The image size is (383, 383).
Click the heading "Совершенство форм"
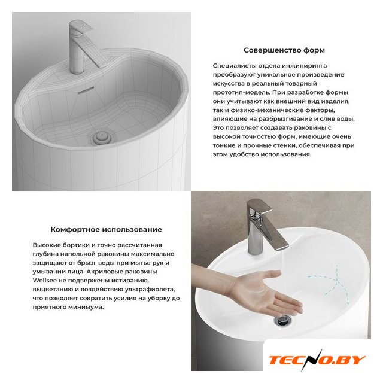pyautogui.click(x=284, y=50)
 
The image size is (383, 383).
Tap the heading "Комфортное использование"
pyautogui.click(x=107, y=230)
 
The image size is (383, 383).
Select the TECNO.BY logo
pyautogui.click(x=317, y=360)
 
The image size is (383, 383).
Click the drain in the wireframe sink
pyautogui.click(x=102, y=137)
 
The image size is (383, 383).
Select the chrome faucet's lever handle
pyautogui.click(x=259, y=206)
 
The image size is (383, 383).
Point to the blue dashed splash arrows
pyautogui.click(x=330, y=283)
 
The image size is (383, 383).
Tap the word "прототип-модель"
pyautogui.click(x=241, y=93)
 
